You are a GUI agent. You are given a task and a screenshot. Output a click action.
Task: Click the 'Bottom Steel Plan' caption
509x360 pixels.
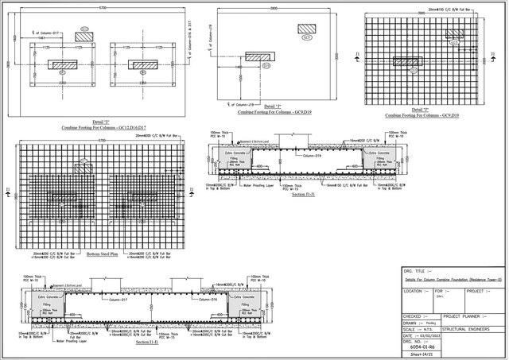click(x=101, y=255)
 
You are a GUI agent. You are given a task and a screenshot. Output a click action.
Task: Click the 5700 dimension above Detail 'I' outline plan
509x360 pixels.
click(x=102, y=8)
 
